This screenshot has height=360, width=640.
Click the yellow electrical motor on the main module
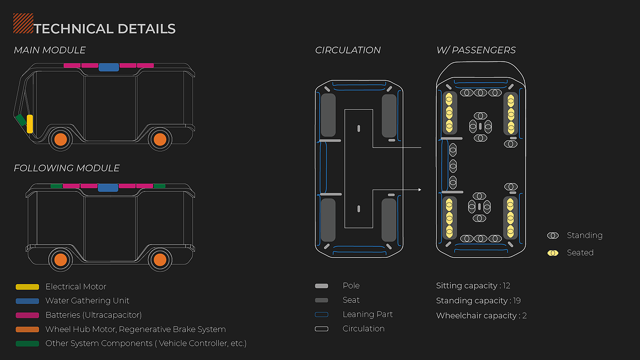point(30,124)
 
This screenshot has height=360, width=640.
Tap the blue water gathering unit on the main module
point(109,67)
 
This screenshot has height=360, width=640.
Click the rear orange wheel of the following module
point(160,259)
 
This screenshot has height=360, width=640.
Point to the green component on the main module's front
point(20,120)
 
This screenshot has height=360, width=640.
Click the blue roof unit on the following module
point(108,187)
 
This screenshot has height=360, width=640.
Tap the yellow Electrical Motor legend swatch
point(27,287)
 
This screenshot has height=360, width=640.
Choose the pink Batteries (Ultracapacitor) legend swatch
point(27,315)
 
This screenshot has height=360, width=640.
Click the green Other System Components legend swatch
point(27,344)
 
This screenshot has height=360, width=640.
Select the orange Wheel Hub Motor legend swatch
point(27,329)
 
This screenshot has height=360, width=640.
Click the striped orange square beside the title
point(23,24)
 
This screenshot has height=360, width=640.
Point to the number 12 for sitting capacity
point(506,286)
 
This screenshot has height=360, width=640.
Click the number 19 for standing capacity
point(517,301)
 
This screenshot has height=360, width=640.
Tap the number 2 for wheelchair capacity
point(524,316)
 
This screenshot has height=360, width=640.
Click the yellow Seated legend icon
point(553,253)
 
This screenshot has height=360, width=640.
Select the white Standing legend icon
point(553,236)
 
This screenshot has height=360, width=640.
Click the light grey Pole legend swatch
point(321,286)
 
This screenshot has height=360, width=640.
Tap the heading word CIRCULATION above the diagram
point(348,50)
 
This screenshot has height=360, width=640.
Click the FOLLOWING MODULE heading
point(67,168)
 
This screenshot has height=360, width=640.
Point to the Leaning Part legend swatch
point(321,315)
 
